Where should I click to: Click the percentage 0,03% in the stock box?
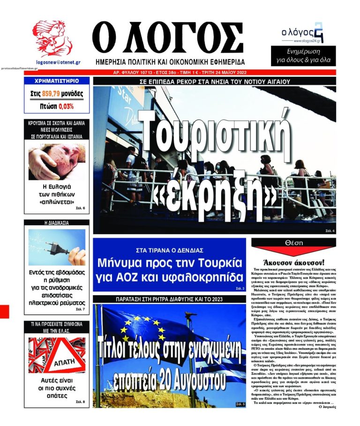pos(66,106)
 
